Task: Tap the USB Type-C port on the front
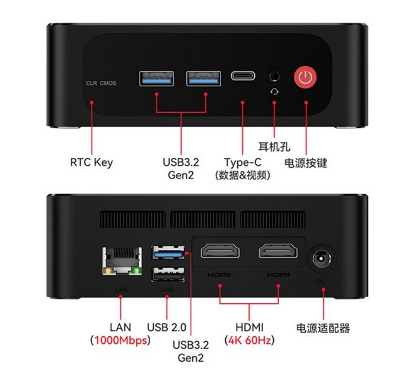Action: click(243, 76)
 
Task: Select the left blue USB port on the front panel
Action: click(157, 79)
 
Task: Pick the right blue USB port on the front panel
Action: click(203, 79)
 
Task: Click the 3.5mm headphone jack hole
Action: click(274, 76)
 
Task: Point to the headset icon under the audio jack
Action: click(274, 92)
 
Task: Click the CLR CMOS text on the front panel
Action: click(101, 83)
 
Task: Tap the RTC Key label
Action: click(91, 162)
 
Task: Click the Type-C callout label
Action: click(243, 162)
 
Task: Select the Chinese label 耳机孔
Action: click(274, 147)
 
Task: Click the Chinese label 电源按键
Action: click(306, 162)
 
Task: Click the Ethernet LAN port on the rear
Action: click(122, 261)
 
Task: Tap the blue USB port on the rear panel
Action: click(168, 253)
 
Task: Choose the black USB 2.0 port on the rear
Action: click(168, 274)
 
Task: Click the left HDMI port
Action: click(220, 251)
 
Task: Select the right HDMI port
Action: click(279, 251)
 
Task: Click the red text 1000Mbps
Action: click(121, 340)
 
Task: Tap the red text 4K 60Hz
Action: click(250, 340)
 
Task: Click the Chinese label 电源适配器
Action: click(323, 328)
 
